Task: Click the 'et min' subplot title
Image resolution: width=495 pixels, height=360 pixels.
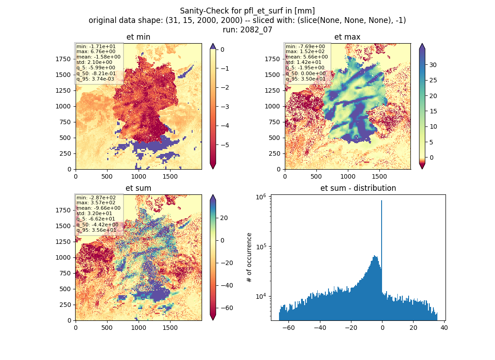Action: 138,37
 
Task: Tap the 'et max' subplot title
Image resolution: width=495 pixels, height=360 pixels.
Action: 347,37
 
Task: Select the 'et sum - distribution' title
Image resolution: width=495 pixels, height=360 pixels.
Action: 358,188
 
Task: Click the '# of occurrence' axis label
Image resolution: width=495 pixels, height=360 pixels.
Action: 249,258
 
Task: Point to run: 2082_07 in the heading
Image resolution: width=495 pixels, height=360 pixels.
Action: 247,30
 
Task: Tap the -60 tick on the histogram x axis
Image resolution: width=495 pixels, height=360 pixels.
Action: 288,328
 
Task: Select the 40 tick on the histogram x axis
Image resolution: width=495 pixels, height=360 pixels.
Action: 444,328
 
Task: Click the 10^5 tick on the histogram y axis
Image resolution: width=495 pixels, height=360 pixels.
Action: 261,246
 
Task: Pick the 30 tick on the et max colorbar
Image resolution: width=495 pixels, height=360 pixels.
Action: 433,65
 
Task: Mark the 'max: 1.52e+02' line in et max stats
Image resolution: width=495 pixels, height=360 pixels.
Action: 305,51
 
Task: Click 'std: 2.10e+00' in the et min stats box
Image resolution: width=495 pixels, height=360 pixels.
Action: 94,62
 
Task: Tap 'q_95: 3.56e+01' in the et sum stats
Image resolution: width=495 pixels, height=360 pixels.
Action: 96,230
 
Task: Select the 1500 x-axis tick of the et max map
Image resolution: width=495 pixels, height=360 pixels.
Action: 379,176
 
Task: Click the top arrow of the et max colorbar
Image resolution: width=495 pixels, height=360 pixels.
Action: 422,47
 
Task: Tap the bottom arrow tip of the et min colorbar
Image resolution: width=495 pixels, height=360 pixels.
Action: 213,169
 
